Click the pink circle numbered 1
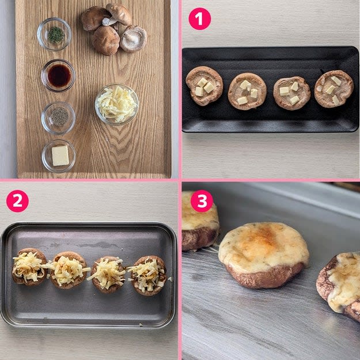pos(200,19)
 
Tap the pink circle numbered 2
pos(17,201)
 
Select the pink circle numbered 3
pos(202,201)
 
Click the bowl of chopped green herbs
pos(54,34)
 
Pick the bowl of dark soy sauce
pos(59,75)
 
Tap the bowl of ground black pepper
pos(59,118)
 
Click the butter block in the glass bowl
pos(60,156)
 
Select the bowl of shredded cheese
pos(117,104)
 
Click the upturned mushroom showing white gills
pos(133,39)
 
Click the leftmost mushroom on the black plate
pos(204,86)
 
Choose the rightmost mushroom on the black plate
pos(334,89)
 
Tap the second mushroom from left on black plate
pos(247,91)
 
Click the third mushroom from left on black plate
pos(292,93)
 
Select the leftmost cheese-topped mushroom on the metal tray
pos(29,267)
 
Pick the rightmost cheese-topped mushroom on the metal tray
pos(148,275)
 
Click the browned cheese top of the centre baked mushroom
pos(264,247)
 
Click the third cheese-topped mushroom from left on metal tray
pos(108,274)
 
